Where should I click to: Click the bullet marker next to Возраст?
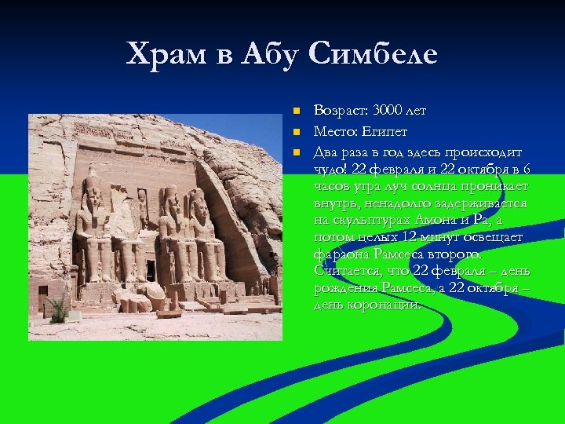coord(295,110)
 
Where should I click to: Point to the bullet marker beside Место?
coord(295,130)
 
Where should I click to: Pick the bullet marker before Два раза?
coord(295,150)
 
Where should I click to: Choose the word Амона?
coord(431,221)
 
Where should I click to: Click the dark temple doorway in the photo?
coord(150,270)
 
